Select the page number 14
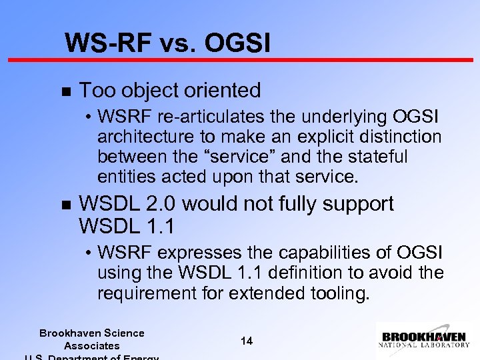[x=246, y=341]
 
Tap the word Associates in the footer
[x=92, y=345]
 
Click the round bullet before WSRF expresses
[x=89, y=254]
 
